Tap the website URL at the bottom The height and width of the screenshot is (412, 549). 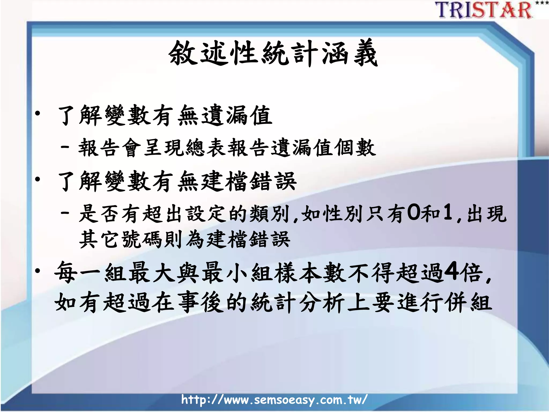coord(274,400)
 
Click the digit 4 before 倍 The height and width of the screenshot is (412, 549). coord(452,271)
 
